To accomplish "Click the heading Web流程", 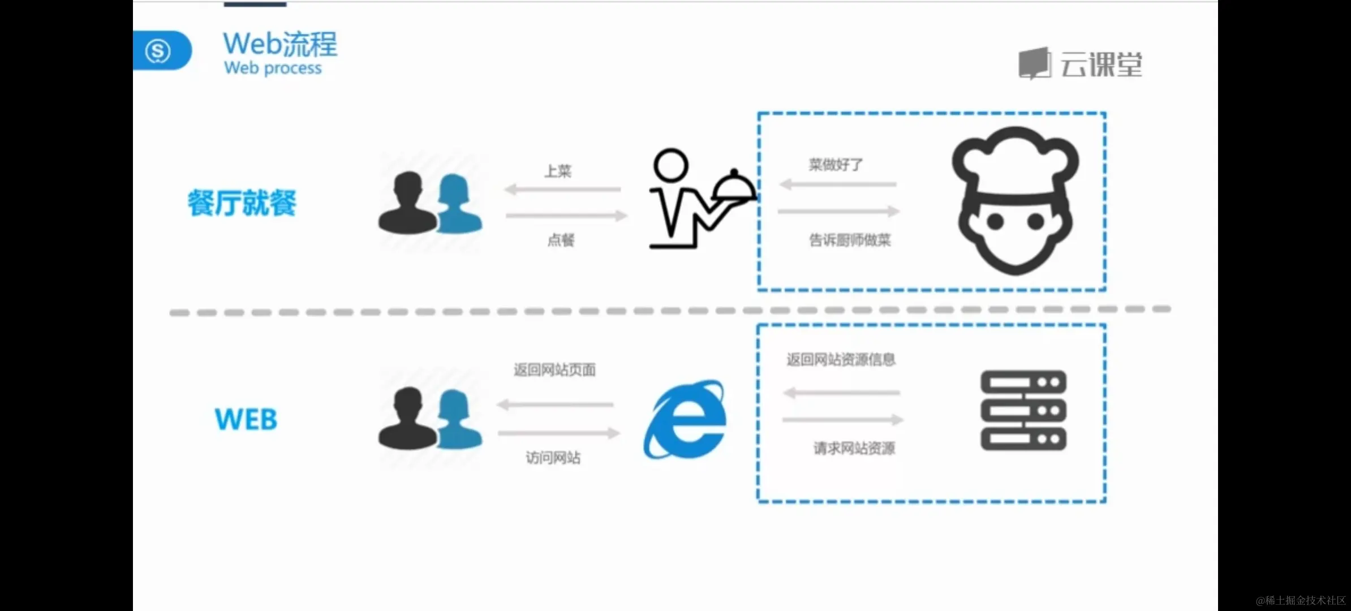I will point(280,44).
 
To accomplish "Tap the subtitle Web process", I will point(273,68).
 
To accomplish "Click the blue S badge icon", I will point(158,51).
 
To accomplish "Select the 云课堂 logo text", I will point(1100,64).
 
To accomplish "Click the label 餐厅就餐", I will point(242,203).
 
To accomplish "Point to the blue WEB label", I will point(246,420).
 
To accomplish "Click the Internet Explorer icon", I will point(686,419).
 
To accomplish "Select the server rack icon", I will point(1023,410).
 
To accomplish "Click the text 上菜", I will point(558,171).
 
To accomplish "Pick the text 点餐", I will point(561,240).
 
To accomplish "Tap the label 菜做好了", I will point(836,165).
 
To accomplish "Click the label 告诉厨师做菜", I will point(850,240).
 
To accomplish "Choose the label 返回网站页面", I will point(554,370).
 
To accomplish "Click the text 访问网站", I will point(553,457).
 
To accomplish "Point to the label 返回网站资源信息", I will point(841,360).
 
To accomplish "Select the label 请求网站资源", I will point(854,449).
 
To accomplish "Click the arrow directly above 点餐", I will point(566,216).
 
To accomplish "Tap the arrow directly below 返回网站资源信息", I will point(841,393).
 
